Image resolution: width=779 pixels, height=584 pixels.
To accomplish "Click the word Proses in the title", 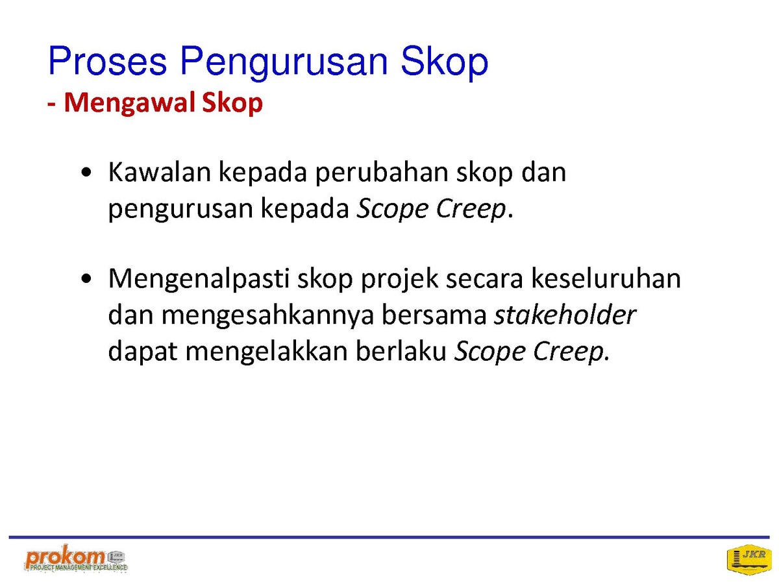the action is pos(107,60).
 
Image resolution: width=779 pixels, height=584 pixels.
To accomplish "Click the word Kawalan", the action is pos(160,173).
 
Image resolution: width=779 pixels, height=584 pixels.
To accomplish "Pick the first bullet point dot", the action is pos(86,173).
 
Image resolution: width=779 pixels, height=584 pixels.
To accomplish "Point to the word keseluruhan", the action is pos(606,278).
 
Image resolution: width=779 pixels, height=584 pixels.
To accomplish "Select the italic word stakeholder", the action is pos(565,315).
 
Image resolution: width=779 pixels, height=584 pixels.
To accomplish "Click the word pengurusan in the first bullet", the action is pos(180,210).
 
